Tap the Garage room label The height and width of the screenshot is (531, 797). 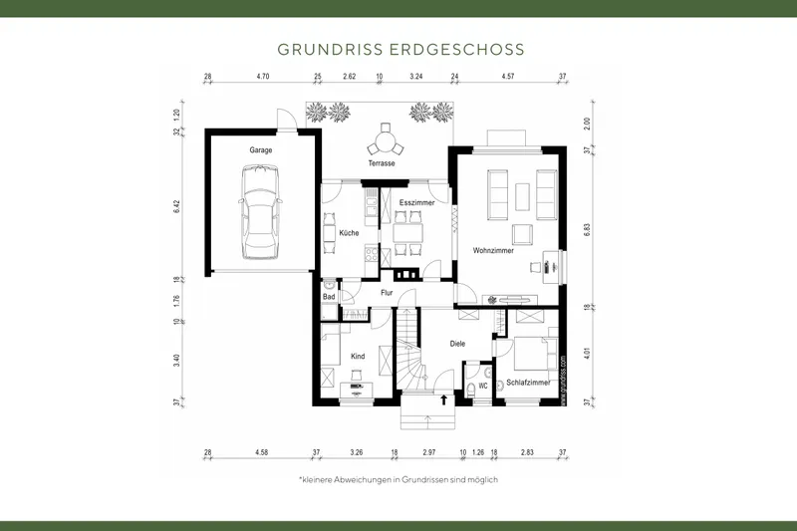click(261, 150)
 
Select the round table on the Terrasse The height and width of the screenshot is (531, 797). click(384, 140)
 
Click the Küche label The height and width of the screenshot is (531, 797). click(335, 232)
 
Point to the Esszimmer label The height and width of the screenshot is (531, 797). click(415, 202)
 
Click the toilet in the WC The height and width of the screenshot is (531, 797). click(472, 387)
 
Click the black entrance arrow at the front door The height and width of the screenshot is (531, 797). click(443, 400)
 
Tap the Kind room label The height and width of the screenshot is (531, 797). click(358, 355)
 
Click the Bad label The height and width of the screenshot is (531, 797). click(328, 296)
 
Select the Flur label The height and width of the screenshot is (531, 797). click(388, 293)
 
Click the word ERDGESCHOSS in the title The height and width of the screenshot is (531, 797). click(466, 48)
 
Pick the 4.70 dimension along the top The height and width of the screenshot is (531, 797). click(263, 76)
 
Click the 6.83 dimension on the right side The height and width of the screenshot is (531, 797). click(587, 228)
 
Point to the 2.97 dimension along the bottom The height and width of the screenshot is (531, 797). click(429, 452)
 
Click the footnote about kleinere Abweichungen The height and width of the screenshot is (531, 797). click(398, 479)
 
